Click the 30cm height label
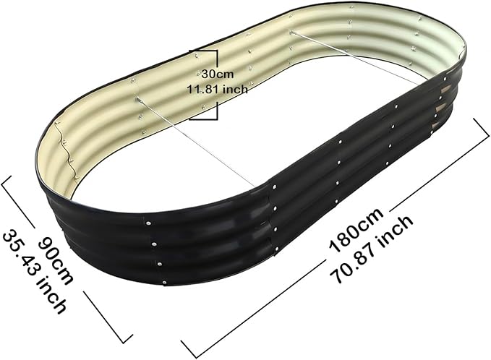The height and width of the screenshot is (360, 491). [x=218, y=74]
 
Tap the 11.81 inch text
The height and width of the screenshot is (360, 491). [x=218, y=89]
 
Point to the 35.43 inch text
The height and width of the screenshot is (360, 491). [x=34, y=271]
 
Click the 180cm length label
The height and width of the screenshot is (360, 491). [x=356, y=229]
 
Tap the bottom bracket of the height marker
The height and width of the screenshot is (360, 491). [x=208, y=112]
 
